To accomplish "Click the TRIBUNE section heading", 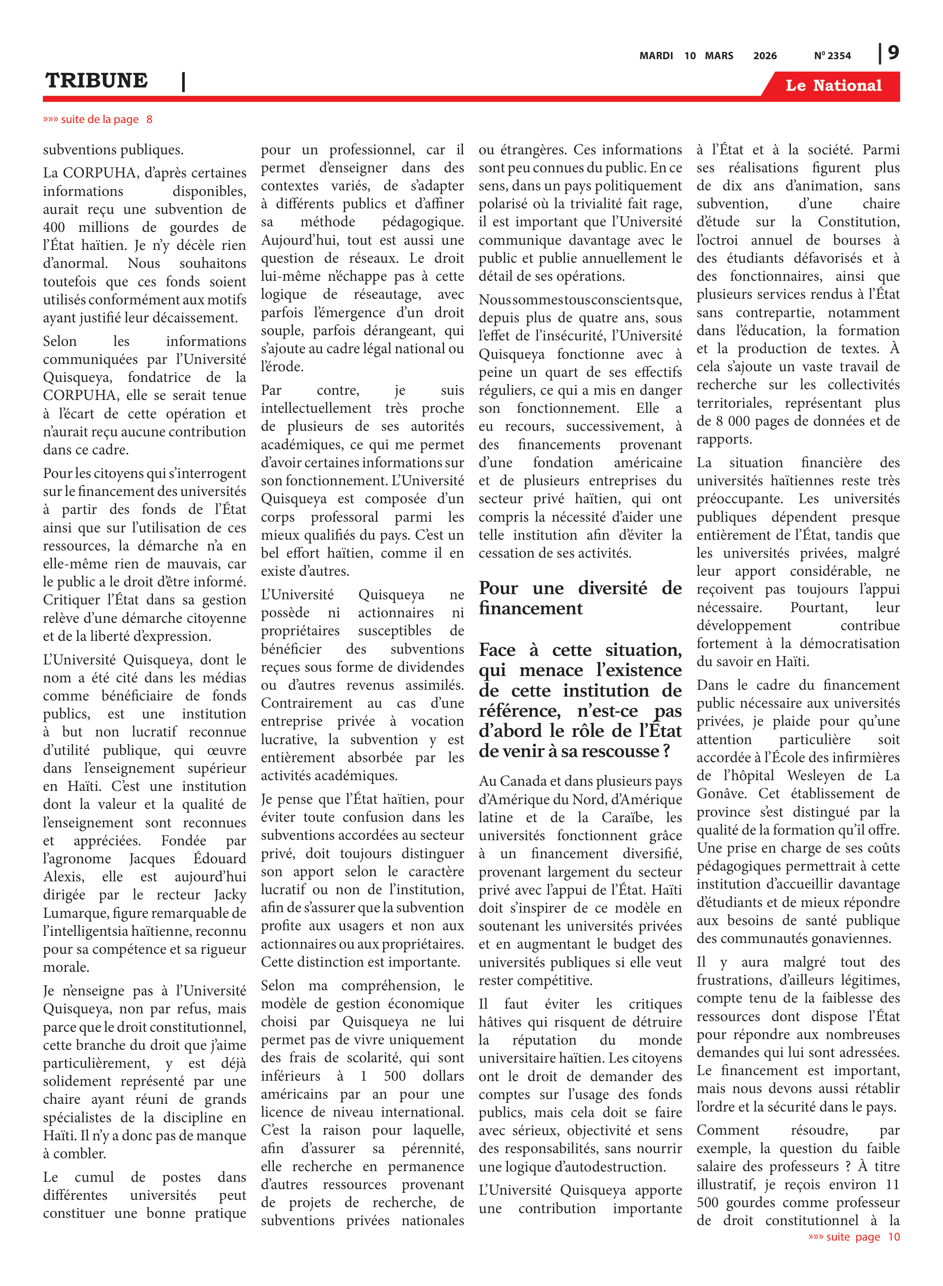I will coord(96,81).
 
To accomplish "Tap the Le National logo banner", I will coord(833,86).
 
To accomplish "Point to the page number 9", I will coord(893,53).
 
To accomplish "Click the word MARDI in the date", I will coord(656,56).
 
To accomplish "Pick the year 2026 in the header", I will coord(765,56).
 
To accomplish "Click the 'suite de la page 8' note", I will coord(98,119).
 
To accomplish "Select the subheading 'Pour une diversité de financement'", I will coord(580,598).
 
